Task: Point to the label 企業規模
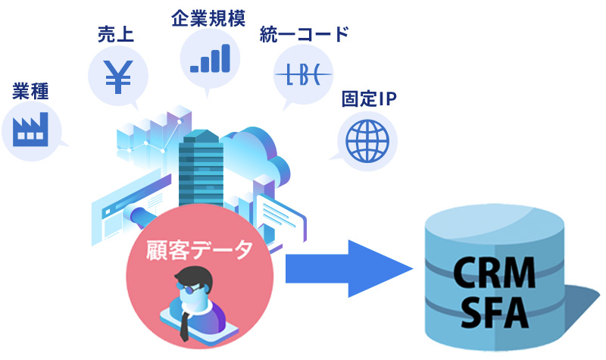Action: click(208, 17)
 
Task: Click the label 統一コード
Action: click(304, 34)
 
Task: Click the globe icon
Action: click(367, 139)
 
